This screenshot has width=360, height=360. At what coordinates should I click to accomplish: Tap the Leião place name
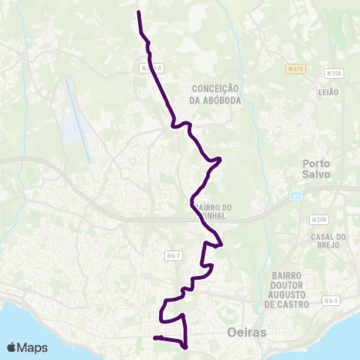[x=328, y=91]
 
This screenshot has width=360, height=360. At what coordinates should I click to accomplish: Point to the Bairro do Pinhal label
[x=215, y=211]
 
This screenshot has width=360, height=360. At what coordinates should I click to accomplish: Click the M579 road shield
[x=295, y=69]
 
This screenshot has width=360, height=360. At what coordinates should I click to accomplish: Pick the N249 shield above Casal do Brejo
[x=319, y=220]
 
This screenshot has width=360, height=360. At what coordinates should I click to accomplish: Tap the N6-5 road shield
[x=331, y=300]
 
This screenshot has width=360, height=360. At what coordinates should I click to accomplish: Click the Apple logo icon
[x=12, y=347]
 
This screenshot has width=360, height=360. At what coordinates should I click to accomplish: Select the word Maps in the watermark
[x=33, y=347]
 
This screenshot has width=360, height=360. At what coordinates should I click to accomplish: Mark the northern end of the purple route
[x=139, y=13]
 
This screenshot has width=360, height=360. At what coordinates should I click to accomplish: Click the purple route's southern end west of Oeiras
[x=154, y=338]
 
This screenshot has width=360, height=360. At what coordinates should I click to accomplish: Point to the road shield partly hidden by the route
[x=150, y=67]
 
